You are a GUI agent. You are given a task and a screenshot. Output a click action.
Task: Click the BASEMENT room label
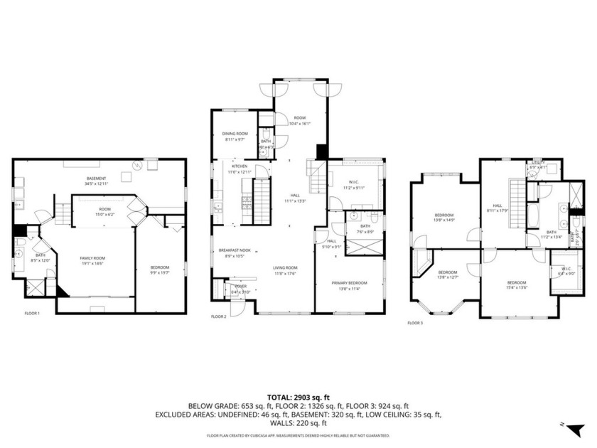96,178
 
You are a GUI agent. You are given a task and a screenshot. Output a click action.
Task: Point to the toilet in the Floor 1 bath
20,250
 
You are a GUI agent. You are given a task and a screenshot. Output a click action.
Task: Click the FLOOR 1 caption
32,314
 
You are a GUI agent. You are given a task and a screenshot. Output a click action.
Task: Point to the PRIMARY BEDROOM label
350,283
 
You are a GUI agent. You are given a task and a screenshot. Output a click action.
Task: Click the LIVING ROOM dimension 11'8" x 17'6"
285,273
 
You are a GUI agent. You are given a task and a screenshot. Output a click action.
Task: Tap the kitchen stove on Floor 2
247,201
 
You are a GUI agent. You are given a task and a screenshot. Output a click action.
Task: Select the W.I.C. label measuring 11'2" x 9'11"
353,188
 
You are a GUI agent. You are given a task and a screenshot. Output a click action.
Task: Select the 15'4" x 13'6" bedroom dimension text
516,287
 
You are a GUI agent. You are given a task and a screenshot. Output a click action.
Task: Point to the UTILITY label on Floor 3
538,162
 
